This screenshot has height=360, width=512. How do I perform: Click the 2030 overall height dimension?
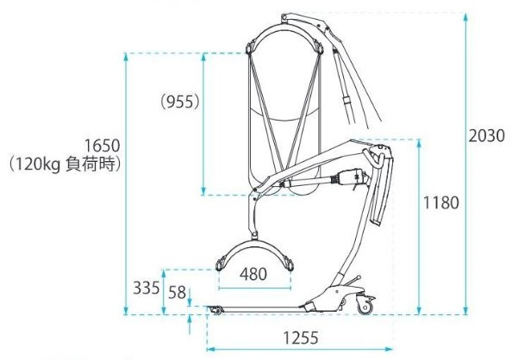[486, 136]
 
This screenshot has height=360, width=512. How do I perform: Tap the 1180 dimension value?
[440, 202]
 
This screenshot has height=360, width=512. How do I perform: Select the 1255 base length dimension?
[301, 338]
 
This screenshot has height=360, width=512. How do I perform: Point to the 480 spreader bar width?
[253, 274]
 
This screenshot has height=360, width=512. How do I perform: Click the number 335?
[147, 288]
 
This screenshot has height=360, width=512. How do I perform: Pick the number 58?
[177, 293]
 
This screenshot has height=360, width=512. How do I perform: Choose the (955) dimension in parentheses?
[180, 102]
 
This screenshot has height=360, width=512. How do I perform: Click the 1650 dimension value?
[103, 146]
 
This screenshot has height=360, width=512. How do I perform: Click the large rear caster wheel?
[365, 307]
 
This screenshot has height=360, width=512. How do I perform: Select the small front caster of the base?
[215, 310]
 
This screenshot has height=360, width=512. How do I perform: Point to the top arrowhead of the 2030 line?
[466, 16]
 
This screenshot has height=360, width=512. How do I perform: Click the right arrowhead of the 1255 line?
[389, 349]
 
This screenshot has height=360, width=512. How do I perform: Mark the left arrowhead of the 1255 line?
[211, 349]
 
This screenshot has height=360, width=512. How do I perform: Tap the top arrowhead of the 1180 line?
[419, 143]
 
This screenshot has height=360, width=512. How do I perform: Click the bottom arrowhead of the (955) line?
[203, 191]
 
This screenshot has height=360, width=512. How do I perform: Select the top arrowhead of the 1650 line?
[126, 57]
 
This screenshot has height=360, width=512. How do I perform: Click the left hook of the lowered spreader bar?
[221, 264]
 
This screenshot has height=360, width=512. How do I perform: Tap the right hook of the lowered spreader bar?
[289, 264]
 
